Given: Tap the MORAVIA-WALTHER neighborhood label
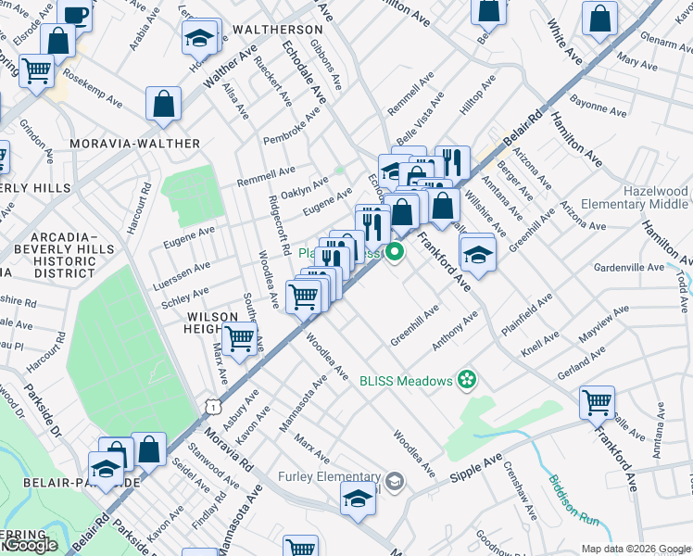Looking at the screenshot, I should (135, 144).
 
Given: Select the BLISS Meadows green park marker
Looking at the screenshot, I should (468, 380).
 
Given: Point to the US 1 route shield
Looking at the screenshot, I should (214, 406).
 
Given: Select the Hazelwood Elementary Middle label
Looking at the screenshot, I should (635, 197).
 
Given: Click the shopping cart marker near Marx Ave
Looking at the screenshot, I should (241, 340).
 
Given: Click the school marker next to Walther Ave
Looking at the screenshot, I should (198, 39).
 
